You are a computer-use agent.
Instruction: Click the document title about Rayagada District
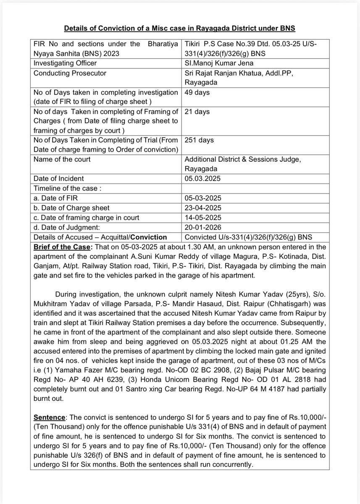point(180,29)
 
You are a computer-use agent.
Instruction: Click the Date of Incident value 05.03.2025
point(202,178)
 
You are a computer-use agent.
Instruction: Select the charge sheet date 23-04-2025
point(202,207)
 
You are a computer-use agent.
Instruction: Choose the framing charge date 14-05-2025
point(202,217)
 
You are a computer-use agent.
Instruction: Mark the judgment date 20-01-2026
point(202,227)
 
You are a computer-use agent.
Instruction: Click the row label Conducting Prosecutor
point(69,73)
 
